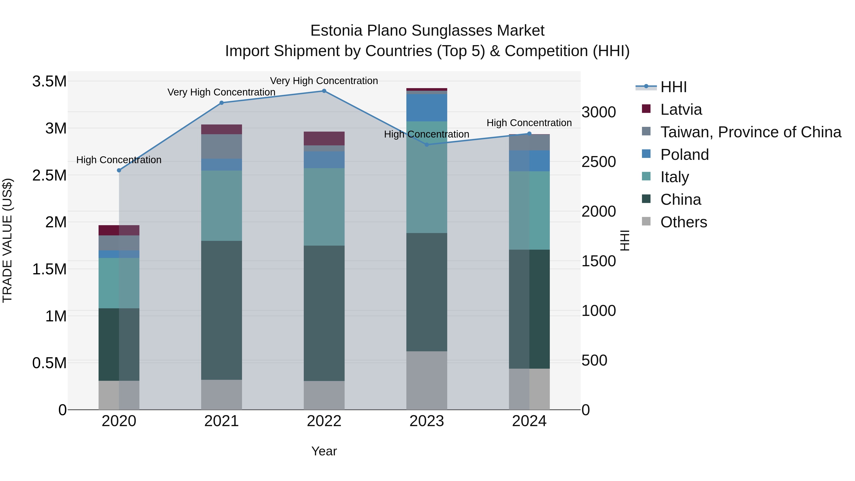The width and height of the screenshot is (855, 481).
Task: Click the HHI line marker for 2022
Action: pos(324,91)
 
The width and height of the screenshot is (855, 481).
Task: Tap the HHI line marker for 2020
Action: pos(119,170)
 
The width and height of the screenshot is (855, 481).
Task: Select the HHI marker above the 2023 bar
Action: pos(427,145)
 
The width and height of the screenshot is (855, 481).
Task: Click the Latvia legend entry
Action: pos(681,110)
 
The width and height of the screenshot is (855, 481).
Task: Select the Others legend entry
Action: pos(683,222)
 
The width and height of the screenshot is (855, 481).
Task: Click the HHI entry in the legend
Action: pos(673,87)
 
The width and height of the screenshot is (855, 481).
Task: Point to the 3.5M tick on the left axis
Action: pos(49,81)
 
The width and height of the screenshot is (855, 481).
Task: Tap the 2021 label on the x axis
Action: pos(221,421)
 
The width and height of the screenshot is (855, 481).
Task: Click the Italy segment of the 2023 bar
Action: pos(427,177)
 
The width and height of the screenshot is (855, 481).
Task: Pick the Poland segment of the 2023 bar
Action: pos(427,108)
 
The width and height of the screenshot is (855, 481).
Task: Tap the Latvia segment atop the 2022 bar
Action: pos(324,138)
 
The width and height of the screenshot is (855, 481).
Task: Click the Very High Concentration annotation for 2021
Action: pos(221,92)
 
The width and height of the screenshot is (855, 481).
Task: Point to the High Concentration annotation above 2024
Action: pos(529,123)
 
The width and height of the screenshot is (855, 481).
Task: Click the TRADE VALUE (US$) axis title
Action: pos(7,240)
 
